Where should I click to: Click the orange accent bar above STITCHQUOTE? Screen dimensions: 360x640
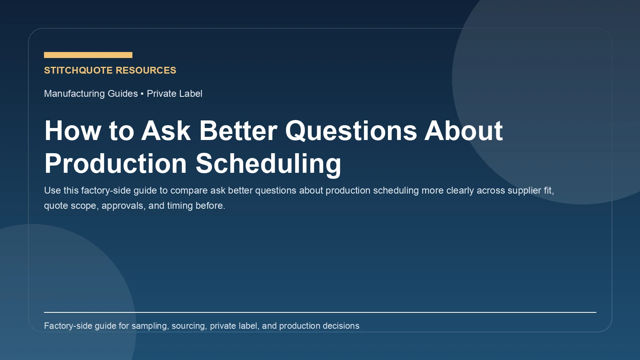[x=88, y=55]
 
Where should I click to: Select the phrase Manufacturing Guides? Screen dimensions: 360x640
[x=91, y=94]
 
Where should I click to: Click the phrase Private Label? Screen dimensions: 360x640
[x=174, y=94]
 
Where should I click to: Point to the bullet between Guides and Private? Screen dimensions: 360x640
[x=142, y=94]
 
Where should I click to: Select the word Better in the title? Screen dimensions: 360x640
[x=238, y=131]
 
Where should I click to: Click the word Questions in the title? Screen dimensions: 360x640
[x=351, y=131]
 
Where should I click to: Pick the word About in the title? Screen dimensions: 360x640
[x=463, y=131]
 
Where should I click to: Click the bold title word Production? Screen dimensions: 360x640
[x=116, y=164]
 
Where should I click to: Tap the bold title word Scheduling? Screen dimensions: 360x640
[x=268, y=164]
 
